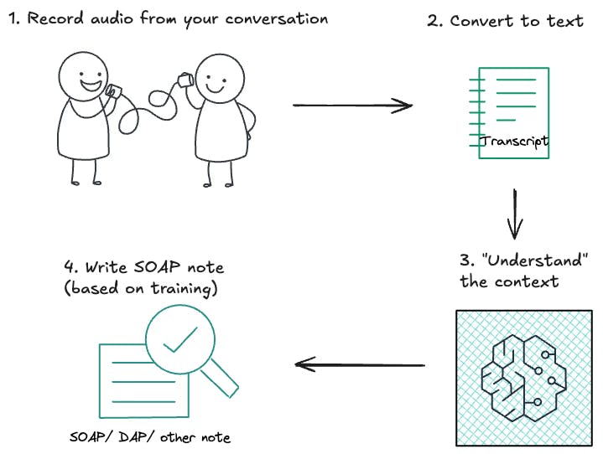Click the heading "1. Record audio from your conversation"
click(168, 18)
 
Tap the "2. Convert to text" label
click(505, 21)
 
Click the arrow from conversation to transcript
click(352, 106)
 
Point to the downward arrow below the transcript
click(515, 215)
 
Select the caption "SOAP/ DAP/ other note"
click(149, 437)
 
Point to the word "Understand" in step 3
click(537, 261)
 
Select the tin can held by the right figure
click(183, 80)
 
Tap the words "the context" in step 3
click(509, 281)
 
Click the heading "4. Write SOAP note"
click(143, 268)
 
